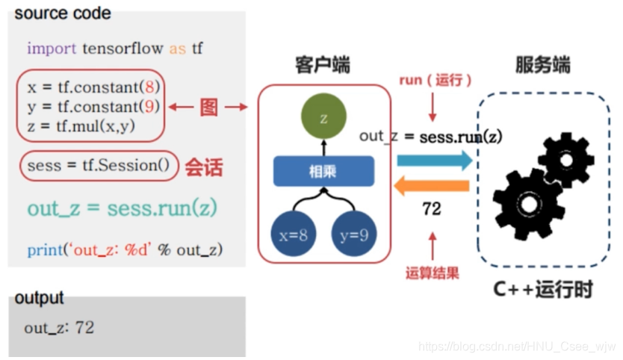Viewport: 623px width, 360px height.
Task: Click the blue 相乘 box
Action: coord(323,171)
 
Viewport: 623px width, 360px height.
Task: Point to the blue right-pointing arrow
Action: coord(434,160)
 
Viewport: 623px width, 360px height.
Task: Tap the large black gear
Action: coord(527,203)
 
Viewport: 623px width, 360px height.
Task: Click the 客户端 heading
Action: coord(323,66)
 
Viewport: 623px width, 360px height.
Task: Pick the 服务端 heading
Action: coord(542,66)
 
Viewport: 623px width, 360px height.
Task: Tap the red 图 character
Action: coord(209,108)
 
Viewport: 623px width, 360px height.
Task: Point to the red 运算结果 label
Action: coord(432,272)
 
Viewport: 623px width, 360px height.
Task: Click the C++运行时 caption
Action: coord(543,290)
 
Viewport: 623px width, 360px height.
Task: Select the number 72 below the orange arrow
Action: coord(432,209)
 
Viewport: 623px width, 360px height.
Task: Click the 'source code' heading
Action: coord(63,13)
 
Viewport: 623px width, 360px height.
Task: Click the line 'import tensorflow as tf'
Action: coord(115,49)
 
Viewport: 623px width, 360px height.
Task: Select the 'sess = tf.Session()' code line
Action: coord(98,166)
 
